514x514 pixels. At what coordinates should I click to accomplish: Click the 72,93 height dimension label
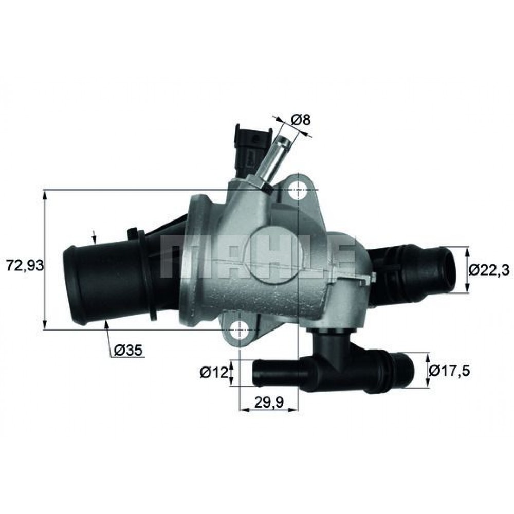click(23, 266)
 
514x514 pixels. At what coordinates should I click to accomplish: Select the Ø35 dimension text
click(127, 351)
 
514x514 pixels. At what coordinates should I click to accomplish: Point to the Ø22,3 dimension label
click(490, 269)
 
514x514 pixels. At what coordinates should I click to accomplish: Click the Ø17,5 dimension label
click(449, 369)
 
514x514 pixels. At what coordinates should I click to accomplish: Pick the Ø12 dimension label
click(214, 372)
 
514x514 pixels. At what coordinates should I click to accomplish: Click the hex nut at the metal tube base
click(259, 183)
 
